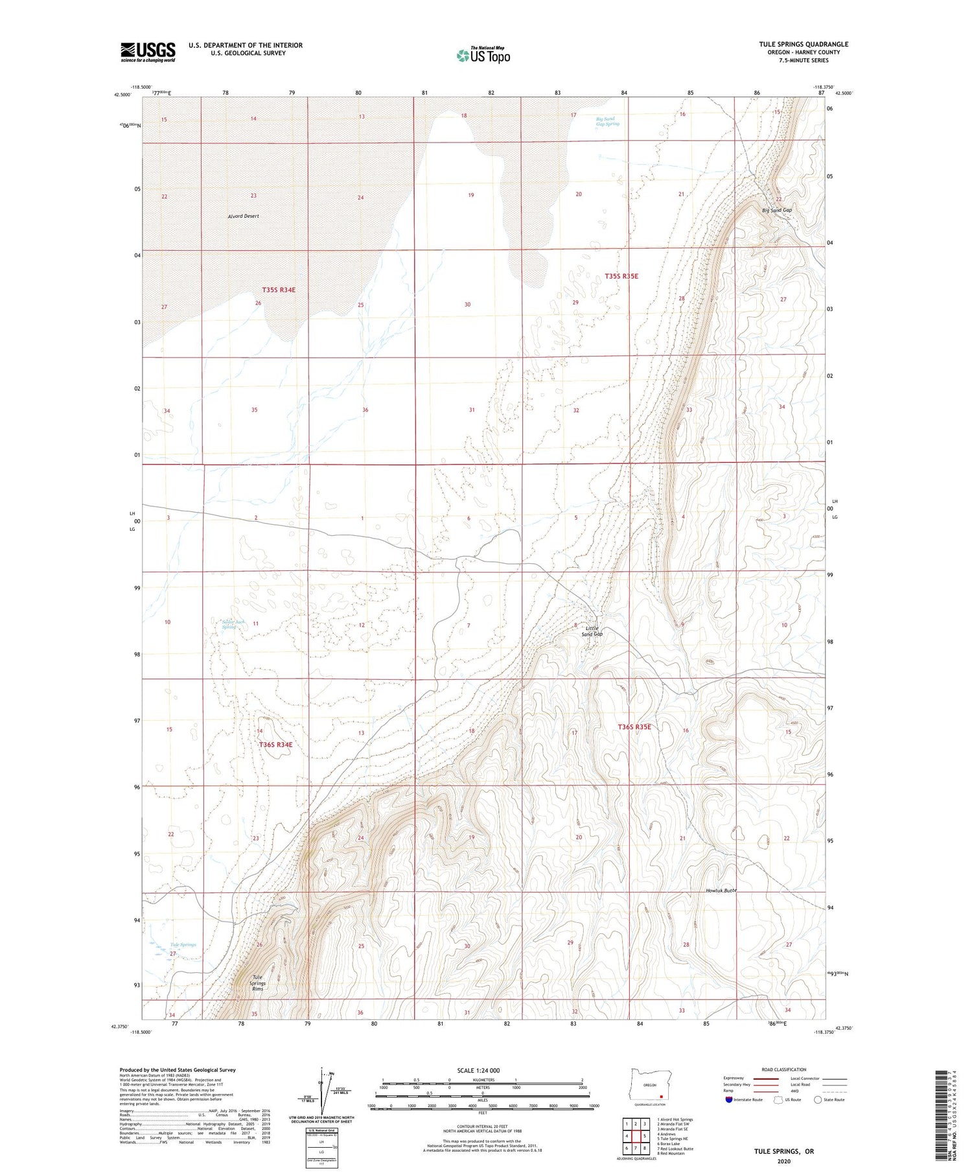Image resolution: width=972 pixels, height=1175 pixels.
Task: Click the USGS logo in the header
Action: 148,52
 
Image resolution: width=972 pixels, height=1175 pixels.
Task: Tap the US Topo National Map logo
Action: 483,56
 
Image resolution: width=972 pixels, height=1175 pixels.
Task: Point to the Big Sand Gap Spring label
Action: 607,121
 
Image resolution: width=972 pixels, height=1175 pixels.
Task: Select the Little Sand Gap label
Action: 592,631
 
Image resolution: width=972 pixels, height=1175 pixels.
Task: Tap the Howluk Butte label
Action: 721,890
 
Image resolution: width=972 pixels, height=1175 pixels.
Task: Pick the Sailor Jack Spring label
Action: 234,624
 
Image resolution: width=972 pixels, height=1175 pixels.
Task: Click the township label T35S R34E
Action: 279,290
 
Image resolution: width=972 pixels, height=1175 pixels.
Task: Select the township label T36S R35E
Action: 634,727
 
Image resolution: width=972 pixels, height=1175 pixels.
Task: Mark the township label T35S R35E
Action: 621,276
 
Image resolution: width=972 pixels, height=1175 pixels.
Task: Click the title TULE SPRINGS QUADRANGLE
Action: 804,44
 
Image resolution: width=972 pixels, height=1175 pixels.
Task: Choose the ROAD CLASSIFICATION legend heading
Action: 784,1069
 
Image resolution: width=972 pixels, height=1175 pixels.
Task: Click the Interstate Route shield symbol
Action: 729,1100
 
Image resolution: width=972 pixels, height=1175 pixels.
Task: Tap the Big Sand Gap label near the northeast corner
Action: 777,210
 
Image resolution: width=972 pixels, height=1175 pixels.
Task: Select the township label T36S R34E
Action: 276,745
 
